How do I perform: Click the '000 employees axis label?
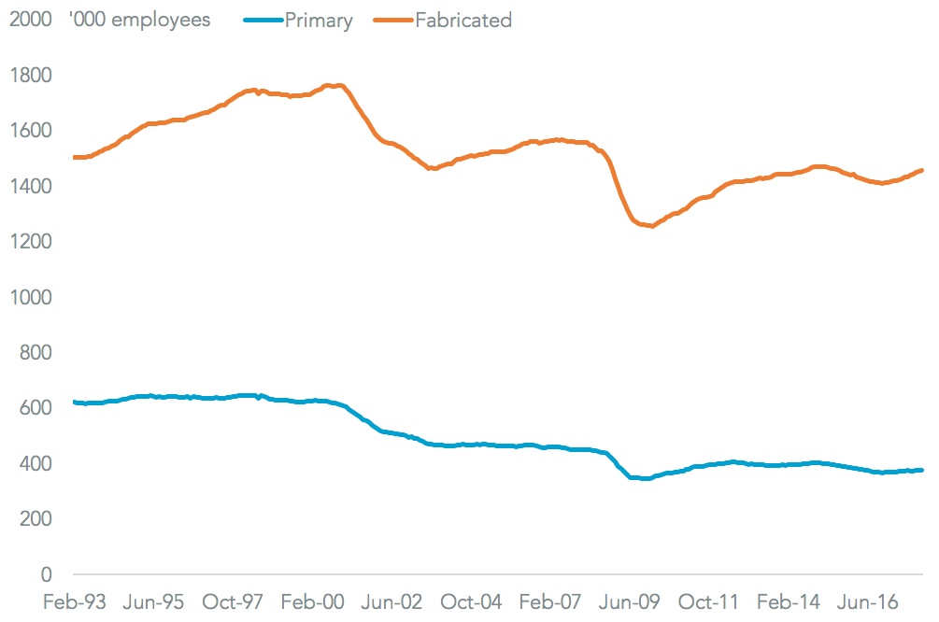(139, 21)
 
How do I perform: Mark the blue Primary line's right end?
(922, 470)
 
